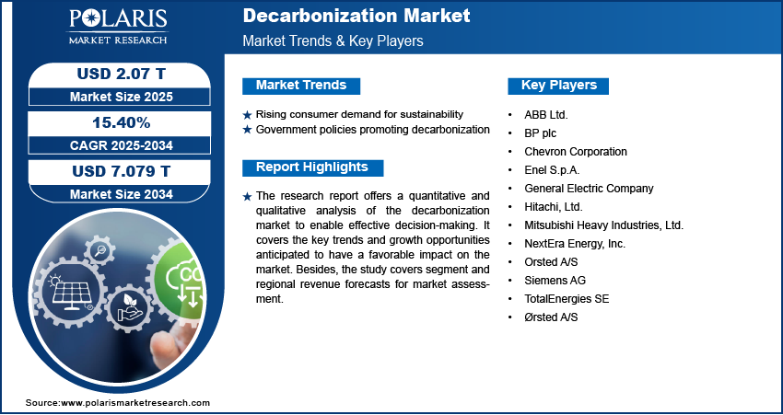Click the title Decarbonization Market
point(356,16)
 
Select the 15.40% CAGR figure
point(120,121)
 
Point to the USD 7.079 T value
point(120,171)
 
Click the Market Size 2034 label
point(120,194)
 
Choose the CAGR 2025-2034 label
point(120,144)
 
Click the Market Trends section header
point(301,86)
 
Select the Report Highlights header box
point(312,167)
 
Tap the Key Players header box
point(559,86)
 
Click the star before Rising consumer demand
point(247,114)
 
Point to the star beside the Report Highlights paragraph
point(247,196)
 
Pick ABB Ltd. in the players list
point(545,115)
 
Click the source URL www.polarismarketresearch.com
point(135,403)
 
